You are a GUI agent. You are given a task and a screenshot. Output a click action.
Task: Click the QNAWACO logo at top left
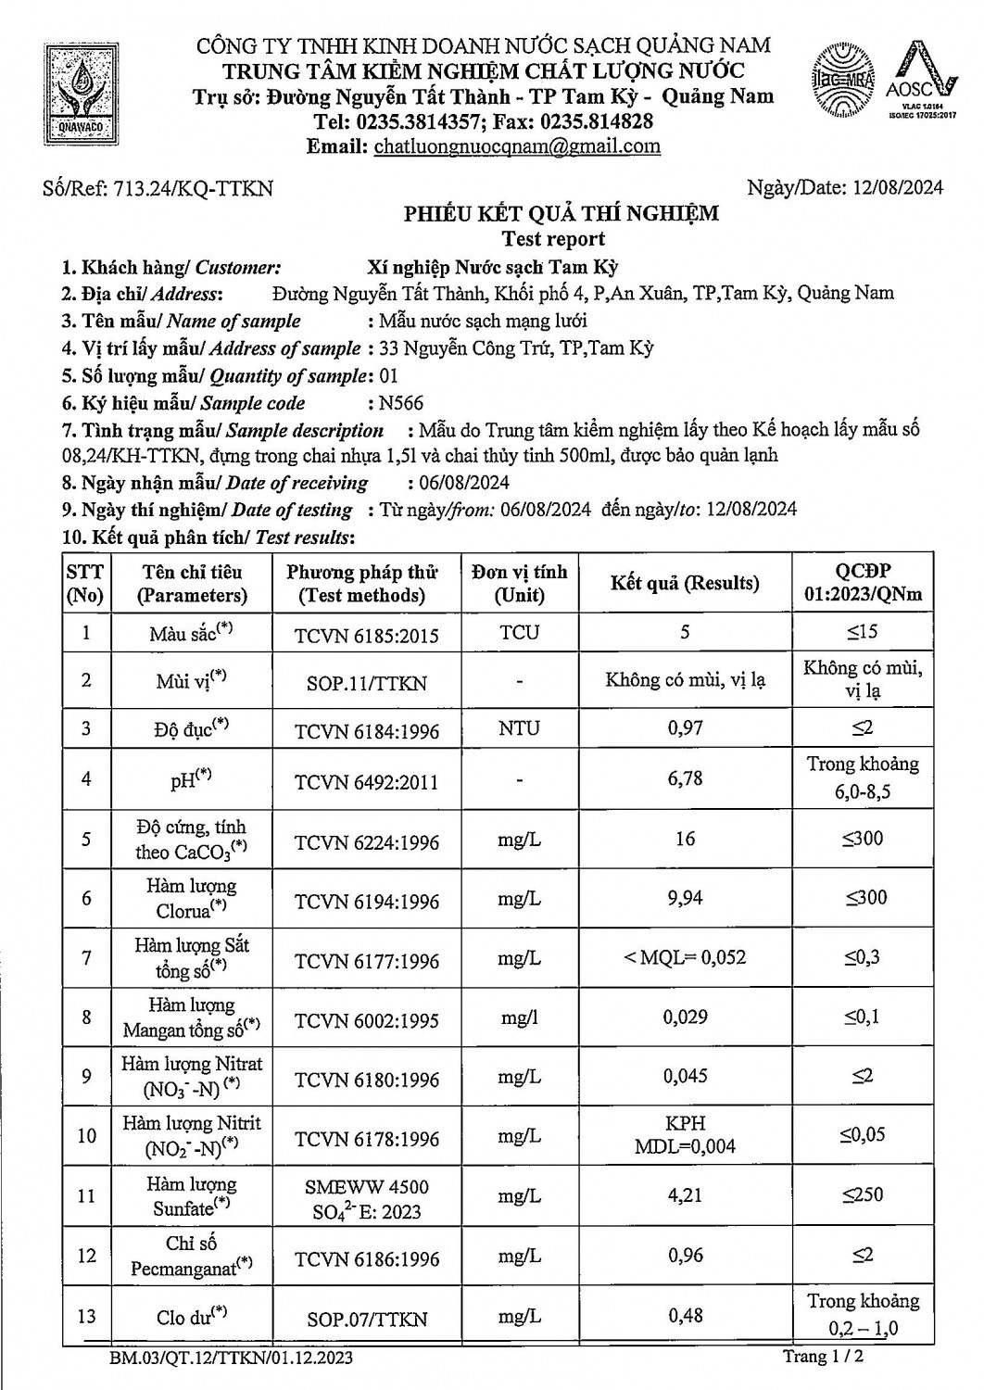tap(84, 95)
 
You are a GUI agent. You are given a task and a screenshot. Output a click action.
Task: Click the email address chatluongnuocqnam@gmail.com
tap(517, 146)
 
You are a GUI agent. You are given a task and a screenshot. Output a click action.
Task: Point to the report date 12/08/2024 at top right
tap(896, 188)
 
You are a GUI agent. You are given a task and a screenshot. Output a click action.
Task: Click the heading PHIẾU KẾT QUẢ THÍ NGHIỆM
tap(561, 214)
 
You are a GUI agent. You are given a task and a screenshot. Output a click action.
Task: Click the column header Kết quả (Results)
tap(685, 583)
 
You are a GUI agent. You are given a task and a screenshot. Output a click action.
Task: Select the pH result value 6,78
tap(685, 778)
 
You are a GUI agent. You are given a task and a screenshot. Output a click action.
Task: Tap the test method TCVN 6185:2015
tap(367, 636)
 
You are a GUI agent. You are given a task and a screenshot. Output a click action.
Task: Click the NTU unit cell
tap(519, 728)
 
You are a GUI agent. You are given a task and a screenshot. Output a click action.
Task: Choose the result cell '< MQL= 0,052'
tap(685, 957)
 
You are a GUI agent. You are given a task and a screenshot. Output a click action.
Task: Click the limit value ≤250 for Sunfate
tap(863, 1195)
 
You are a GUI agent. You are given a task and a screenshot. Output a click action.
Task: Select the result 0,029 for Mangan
tap(685, 1017)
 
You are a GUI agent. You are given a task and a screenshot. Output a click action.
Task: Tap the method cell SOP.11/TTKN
tap(367, 683)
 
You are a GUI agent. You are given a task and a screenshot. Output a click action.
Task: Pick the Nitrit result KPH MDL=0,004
tap(685, 1135)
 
